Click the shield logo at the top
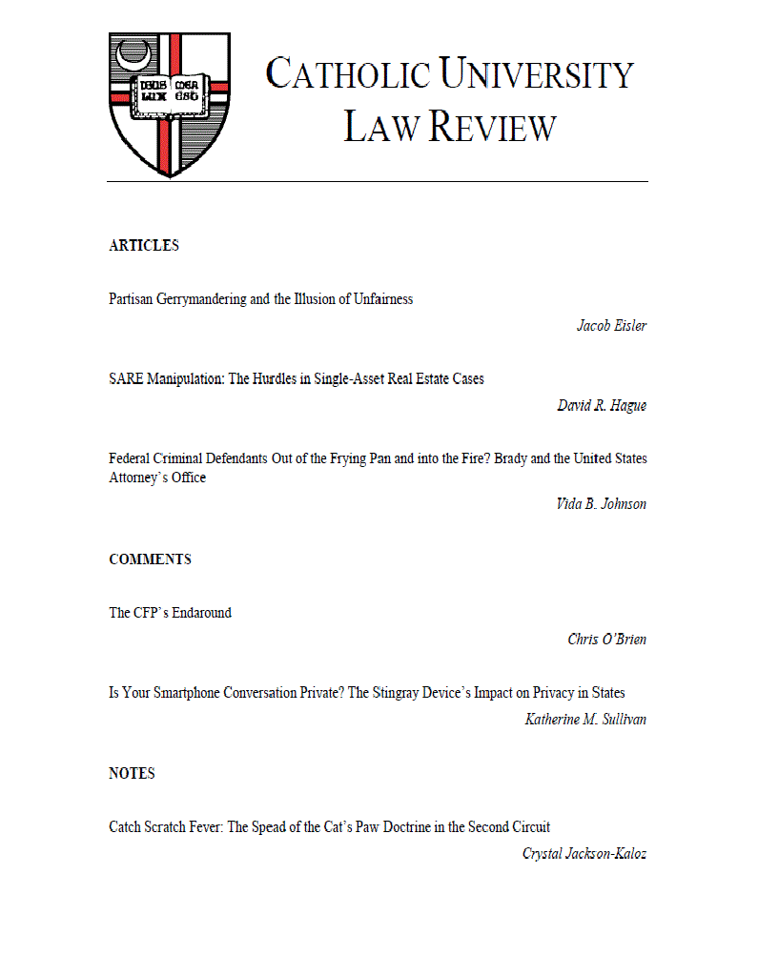169,103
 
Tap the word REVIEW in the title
492,127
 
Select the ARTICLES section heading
144,246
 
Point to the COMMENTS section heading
150,559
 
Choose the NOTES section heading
132,774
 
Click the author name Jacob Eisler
611,326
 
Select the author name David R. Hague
602,406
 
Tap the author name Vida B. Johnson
601,504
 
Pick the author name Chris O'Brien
606,640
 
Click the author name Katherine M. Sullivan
585,720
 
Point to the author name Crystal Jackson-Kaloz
584,854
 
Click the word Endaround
200,613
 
